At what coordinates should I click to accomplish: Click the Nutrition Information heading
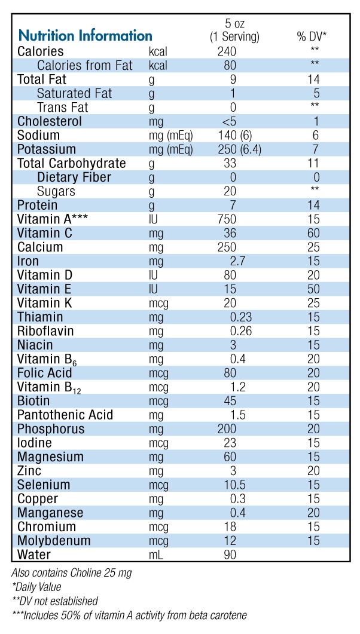tap(85, 36)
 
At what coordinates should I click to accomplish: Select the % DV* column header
tap(312, 36)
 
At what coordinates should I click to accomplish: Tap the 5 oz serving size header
tap(234, 30)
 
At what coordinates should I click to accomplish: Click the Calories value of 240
tap(227, 52)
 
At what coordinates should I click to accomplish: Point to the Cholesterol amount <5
tap(227, 122)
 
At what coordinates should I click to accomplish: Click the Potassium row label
tap(47, 149)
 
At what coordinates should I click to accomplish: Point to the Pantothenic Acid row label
tap(65, 415)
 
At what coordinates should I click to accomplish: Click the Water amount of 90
tap(228, 555)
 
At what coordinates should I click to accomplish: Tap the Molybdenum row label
tap(54, 541)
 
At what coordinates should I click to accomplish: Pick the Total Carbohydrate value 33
tap(228, 164)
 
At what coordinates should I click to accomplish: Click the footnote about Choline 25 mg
tap(72, 573)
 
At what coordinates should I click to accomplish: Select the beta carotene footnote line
tap(129, 615)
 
